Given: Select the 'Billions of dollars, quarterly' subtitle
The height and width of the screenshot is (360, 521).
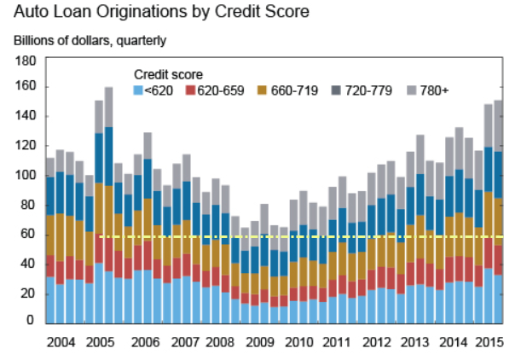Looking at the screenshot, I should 90,40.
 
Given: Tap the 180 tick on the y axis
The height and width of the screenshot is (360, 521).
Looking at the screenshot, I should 25,61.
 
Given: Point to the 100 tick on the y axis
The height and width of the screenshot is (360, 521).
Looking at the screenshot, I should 25,175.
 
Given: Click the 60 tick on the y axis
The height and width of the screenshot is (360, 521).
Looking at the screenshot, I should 28,233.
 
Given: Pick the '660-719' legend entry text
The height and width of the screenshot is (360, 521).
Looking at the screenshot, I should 285,90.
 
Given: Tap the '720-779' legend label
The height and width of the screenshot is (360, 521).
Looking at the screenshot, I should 362,90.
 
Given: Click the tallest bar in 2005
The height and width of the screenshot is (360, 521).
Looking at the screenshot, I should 108,205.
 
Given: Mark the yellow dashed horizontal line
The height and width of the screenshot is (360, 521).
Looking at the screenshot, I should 298,236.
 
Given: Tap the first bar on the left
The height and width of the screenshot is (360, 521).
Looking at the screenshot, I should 50,239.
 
